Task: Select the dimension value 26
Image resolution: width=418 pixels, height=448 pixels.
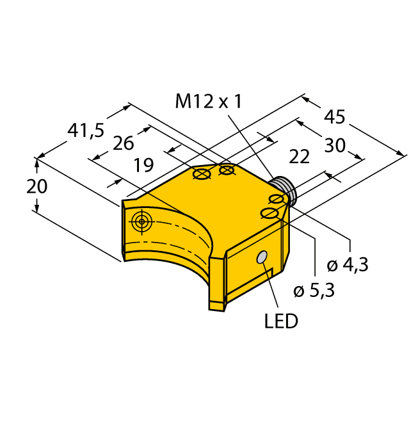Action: pyautogui.click(x=123, y=143)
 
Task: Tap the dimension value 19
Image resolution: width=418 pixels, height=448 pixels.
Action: pyautogui.click(x=143, y=166)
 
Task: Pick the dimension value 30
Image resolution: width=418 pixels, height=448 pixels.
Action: pyautogui.click(x=334, y=146)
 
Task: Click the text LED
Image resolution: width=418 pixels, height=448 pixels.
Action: pyautogui.click(x=281, y=321)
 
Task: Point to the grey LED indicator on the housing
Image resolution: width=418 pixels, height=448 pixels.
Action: pyautogui.click(x=262, y=257)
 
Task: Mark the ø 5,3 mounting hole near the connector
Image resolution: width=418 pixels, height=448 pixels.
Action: pyautogui.click(x=270, y=213)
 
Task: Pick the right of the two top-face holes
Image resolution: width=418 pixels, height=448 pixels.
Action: pyautogui.click(x=227, y=170)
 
